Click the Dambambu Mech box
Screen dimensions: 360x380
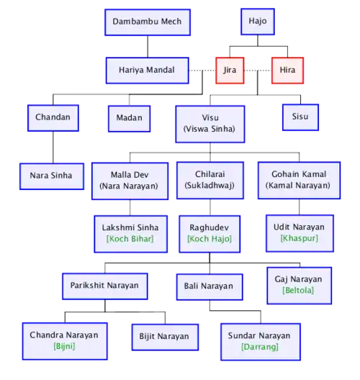148,22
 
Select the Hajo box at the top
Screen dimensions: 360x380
258,22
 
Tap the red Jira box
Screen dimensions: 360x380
230,71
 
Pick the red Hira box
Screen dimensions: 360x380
287,71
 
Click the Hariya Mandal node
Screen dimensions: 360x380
147,71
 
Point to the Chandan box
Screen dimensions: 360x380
53,118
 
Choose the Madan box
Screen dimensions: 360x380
129,119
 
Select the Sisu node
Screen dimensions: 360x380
300,117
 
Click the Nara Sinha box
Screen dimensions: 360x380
52,176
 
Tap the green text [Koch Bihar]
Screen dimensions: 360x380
130,239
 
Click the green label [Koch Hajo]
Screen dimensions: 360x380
210,239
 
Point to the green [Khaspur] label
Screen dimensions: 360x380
299,238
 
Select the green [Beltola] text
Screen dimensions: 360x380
298,290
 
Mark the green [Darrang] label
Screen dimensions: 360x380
260,347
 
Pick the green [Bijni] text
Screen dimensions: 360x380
64,346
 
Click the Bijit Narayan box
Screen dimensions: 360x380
165,337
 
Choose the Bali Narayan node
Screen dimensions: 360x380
210,287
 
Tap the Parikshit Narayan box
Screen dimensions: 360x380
105,286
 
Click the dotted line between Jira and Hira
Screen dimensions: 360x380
258,71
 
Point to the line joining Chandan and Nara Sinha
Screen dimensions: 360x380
53,148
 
